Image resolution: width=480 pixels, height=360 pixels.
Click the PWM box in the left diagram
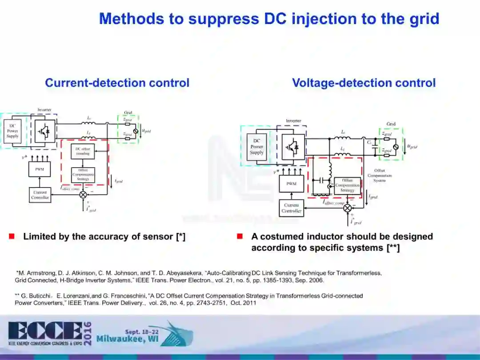point(40,169)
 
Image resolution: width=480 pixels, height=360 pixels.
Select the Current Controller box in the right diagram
point(292,208)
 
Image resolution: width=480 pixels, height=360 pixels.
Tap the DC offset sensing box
point(83,151)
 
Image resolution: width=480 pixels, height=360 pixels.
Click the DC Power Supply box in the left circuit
point(12,131)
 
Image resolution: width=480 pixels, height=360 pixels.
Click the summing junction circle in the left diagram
point(83,194)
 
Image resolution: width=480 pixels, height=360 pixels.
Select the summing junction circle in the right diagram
point(348,208)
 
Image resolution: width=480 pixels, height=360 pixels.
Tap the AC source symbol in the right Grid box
point(397,145)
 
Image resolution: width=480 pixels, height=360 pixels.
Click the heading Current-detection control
point(117,83)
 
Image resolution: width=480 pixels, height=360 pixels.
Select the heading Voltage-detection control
point(364,83)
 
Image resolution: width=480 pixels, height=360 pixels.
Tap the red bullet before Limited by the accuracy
point(12,236)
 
